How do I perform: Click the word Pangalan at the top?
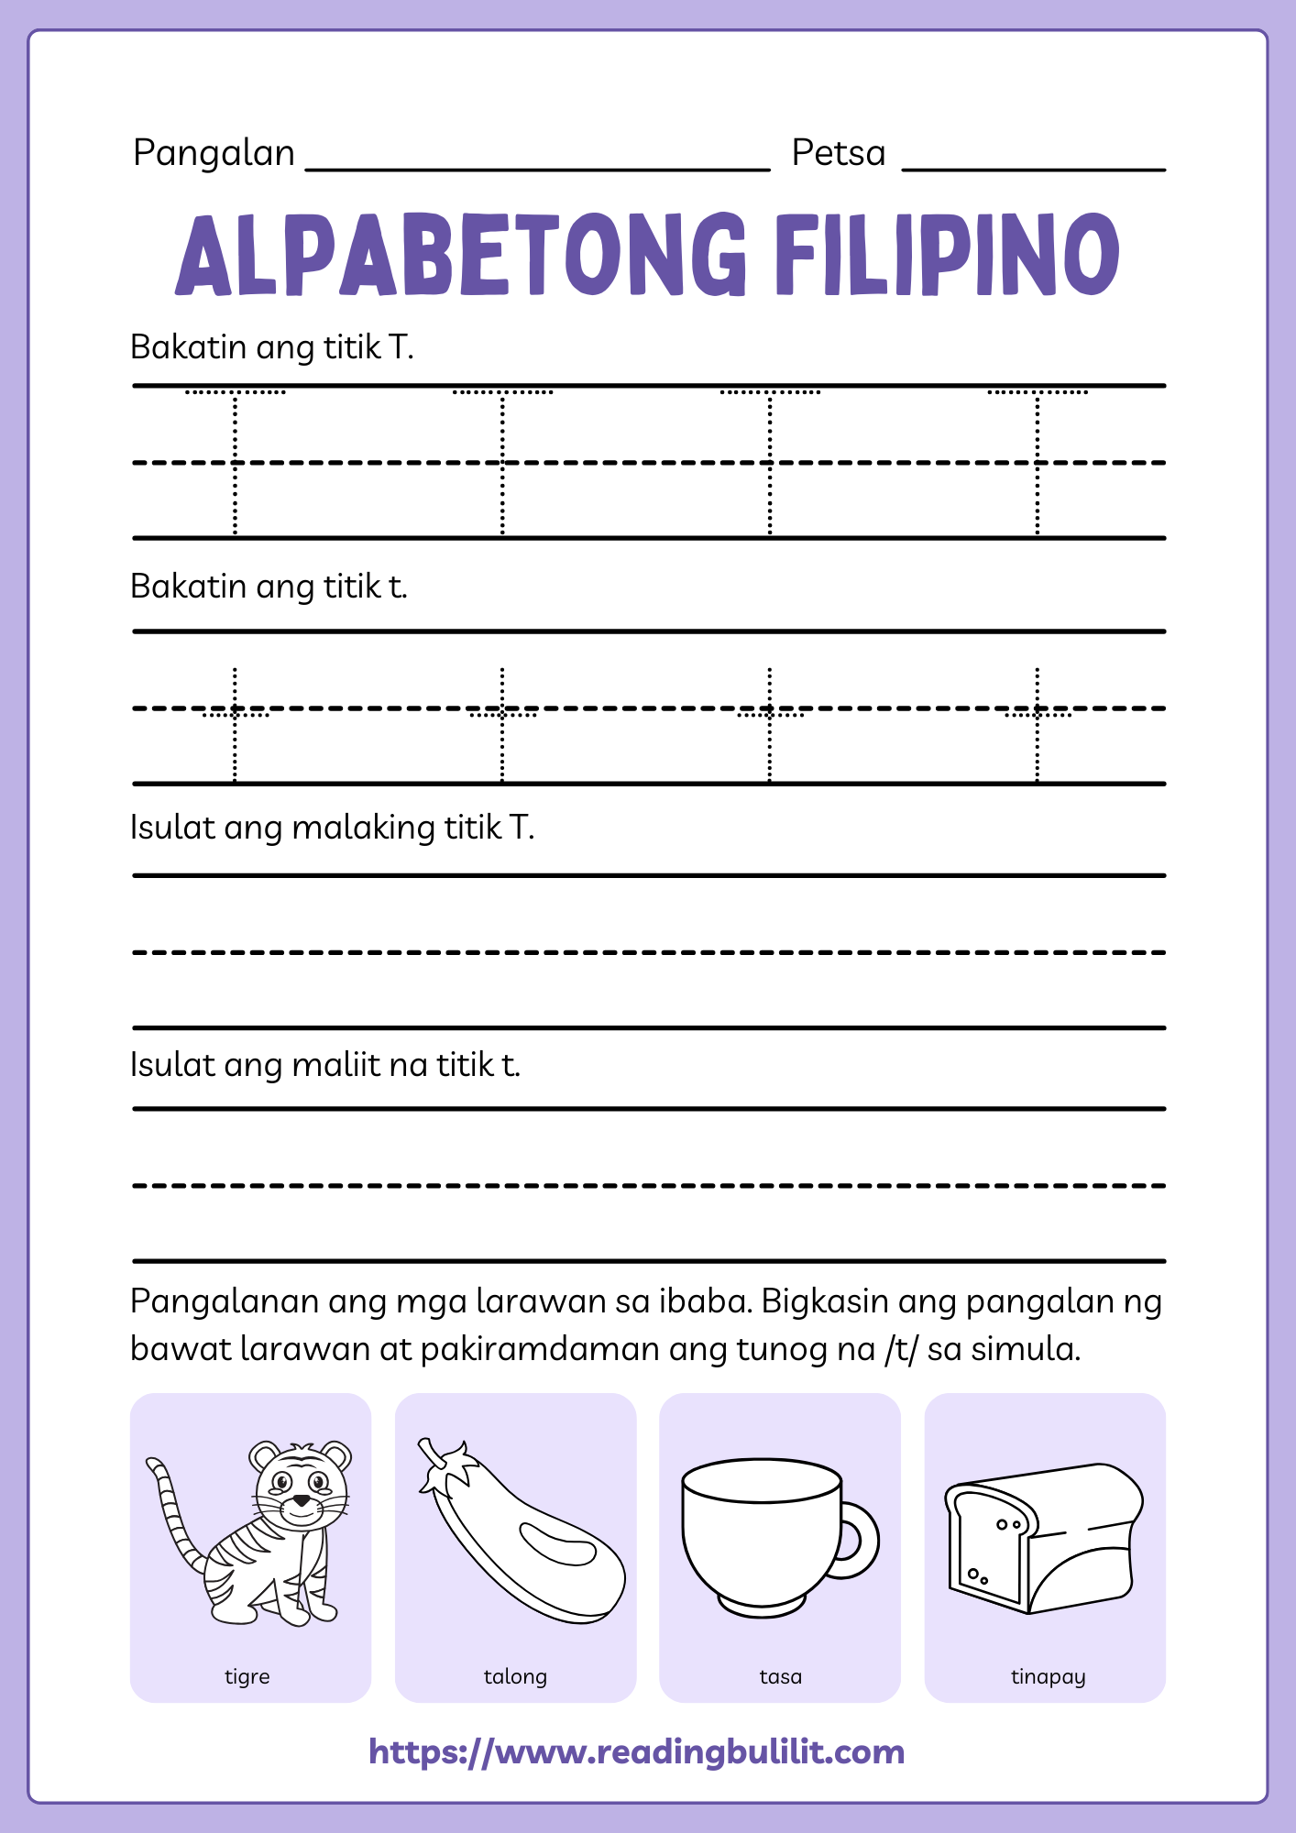tap(214, 153)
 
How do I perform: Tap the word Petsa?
tap(838, 153)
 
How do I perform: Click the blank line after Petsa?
tap(1033, 168)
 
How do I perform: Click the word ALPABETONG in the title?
tap(461, 254)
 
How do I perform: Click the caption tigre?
tap(247, 1676)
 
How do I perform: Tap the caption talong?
tap(515, 1676)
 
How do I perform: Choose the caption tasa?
tap(780, 1676)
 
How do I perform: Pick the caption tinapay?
tap(1048, 1676)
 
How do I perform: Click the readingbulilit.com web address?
tap(636, 1751)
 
